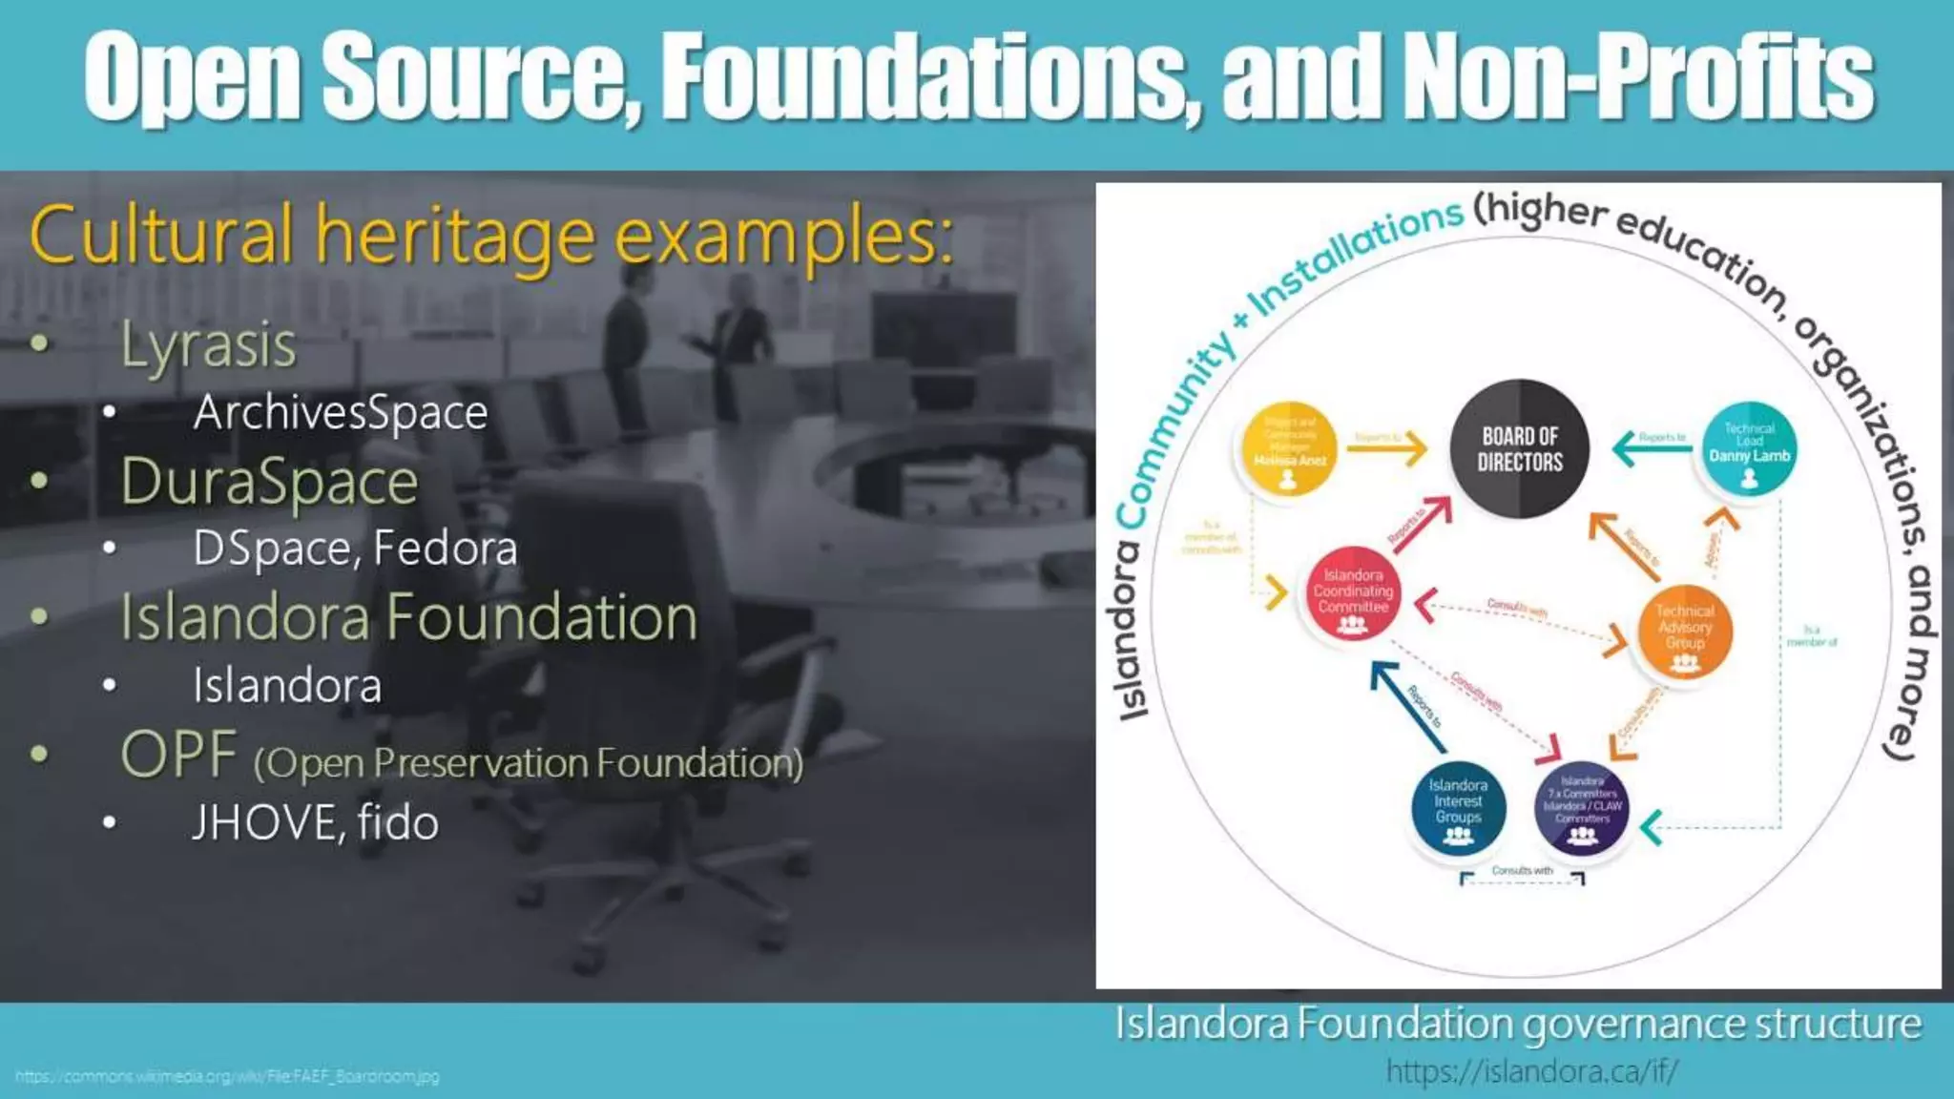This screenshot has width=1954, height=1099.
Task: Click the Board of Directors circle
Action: tap(1519, 449)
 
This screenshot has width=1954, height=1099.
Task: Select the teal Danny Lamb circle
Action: tap(1749, 449)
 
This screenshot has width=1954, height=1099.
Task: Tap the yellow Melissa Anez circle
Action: tap(1288, 449)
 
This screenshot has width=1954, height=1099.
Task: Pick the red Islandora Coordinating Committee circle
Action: tap(1352, 593)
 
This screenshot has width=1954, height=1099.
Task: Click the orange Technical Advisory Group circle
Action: tap(1684, 631)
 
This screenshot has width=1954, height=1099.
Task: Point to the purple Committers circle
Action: tap(1582, 807)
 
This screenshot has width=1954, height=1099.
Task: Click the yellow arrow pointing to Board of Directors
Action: tap(1388, 448)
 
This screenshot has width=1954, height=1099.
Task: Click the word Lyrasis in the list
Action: tap(208, 344)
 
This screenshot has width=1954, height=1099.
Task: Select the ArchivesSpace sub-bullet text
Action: tap(340, 412)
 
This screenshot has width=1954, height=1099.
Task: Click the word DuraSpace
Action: tap(269, 481)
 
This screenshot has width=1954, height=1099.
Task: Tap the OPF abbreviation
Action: tap(178, 755)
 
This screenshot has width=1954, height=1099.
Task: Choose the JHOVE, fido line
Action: tap(315, 822)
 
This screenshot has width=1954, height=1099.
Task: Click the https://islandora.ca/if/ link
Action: tap(1531, 1071)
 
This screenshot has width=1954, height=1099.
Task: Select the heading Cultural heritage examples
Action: tap(491, 236)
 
